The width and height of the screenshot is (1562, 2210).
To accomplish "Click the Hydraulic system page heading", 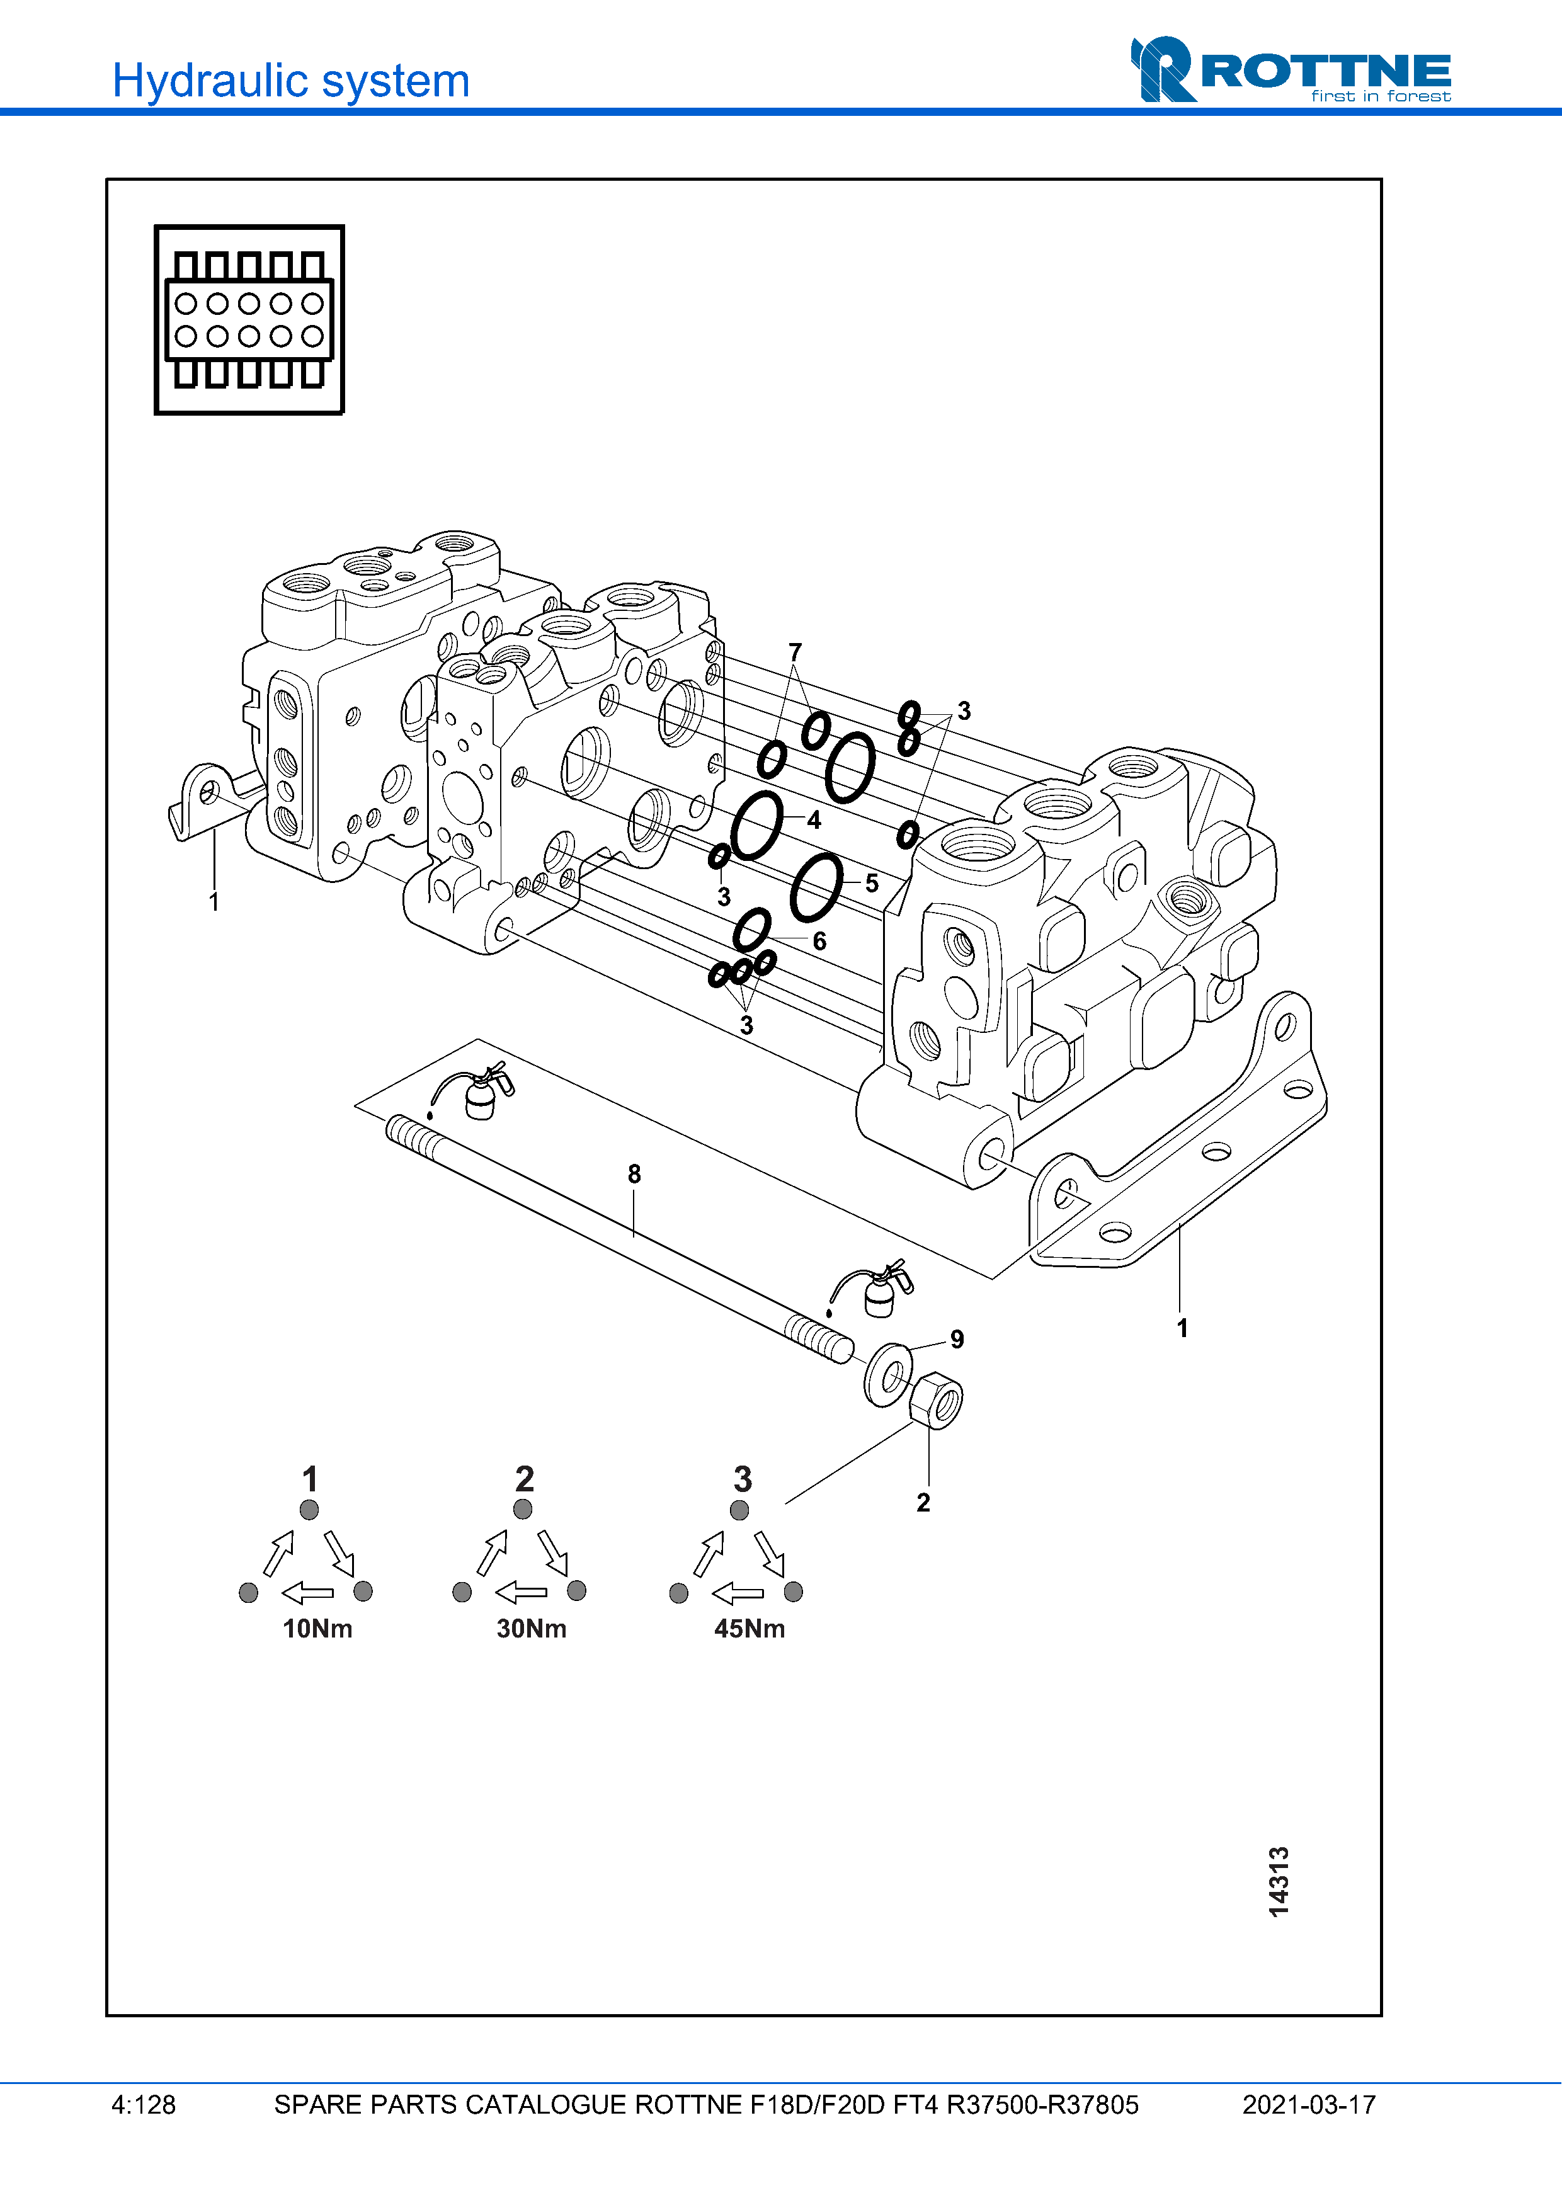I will tap(290, 81).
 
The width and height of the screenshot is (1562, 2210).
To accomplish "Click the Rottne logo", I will tap(1290, 71).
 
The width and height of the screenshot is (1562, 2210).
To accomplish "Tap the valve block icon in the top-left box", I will tap(249, 319).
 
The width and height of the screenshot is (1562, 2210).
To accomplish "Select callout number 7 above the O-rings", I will tap(795, 652).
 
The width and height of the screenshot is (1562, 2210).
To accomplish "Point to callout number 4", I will tap(814, 820).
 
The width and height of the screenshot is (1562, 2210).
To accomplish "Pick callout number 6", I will tap(820, 942).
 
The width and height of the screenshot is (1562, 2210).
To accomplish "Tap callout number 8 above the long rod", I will tap(634, 1175).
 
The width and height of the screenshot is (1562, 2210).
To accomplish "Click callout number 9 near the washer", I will tap(957, 1339).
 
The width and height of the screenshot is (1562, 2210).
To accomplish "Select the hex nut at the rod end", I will tap(935, 1401).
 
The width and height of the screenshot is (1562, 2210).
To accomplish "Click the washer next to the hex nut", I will tap(888, 1374).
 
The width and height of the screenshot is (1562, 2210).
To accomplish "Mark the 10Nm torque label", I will tap(317, 1629).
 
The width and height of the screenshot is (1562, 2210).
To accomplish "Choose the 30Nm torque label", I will tap(531, 1629).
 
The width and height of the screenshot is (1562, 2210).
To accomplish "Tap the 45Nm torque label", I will tap(750, 1629).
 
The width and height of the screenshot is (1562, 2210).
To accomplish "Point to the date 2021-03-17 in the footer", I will tap(1309, 2105).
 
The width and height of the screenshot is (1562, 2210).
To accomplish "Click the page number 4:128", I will tap(144, 2105).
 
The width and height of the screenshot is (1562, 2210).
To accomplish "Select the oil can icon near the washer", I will tap(876, 1290).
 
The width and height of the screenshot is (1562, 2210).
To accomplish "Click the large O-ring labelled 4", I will tap(758, 825).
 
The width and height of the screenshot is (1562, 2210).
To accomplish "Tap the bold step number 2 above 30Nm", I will tap(525, 1478).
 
